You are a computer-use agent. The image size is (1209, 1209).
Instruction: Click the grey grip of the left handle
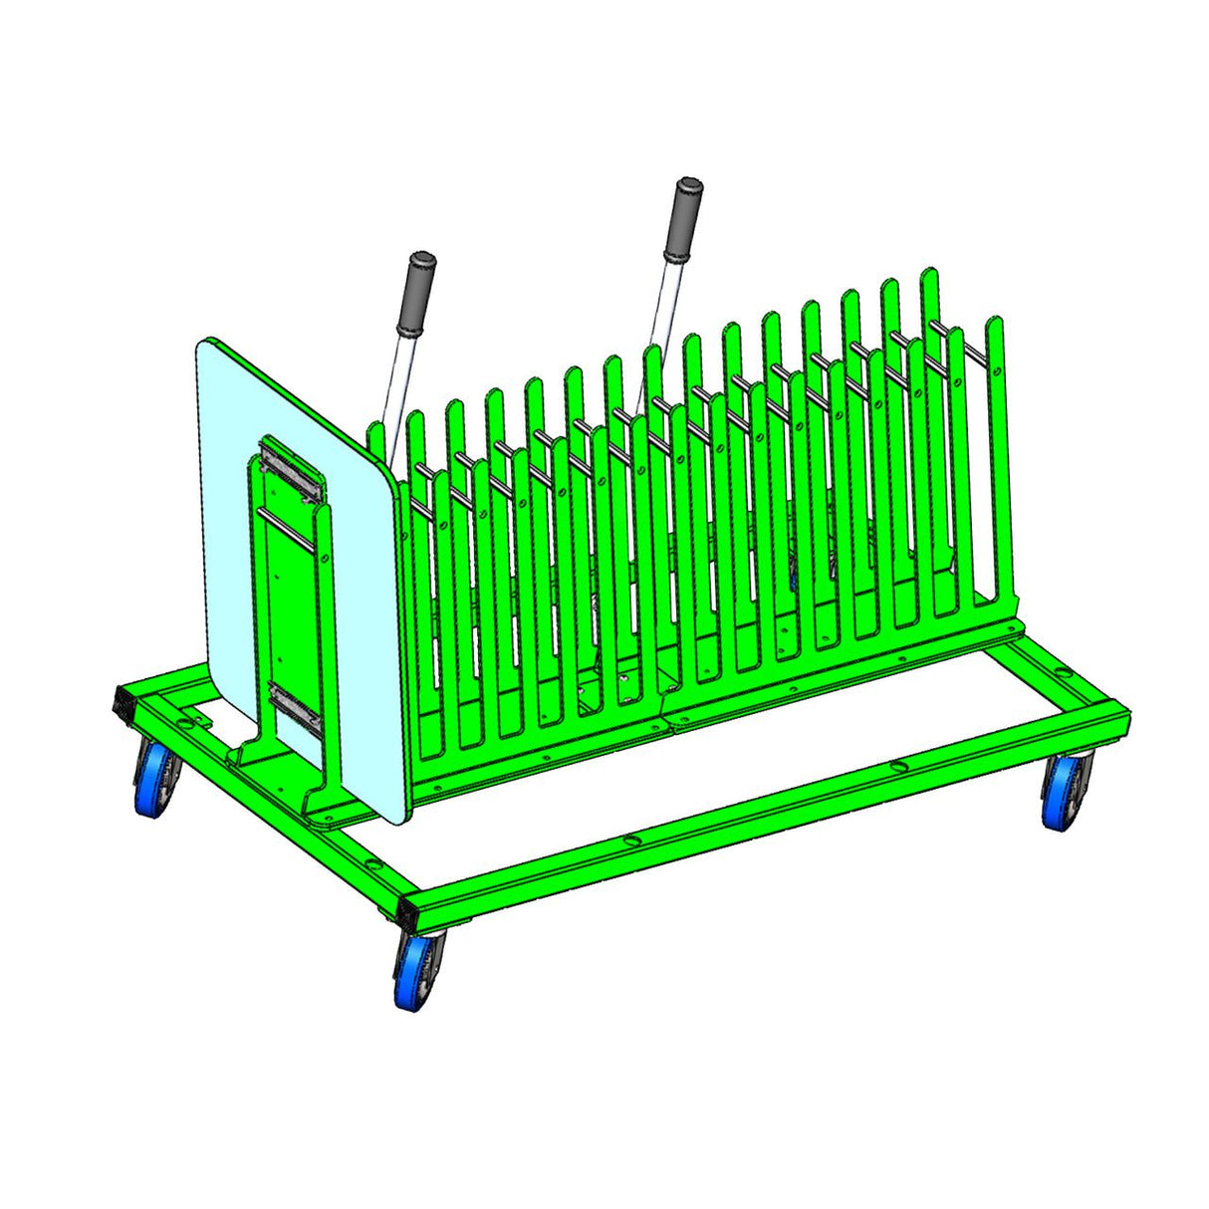point(416,295)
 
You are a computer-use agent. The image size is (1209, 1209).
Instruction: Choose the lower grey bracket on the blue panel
point(296,710)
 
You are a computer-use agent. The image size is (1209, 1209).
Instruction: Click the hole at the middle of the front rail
point(630,843)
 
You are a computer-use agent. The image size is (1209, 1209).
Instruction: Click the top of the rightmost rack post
point(993,325)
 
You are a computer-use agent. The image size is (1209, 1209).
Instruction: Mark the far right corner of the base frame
point(1120,708)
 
